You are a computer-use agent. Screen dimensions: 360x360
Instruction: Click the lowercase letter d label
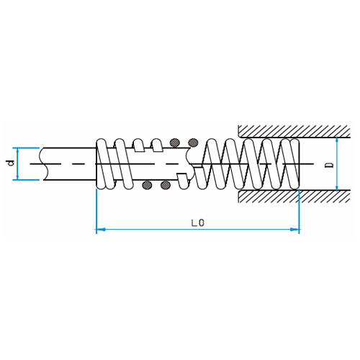11,163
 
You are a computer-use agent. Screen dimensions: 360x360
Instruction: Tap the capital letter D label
330,165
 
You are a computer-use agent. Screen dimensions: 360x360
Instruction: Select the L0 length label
198,223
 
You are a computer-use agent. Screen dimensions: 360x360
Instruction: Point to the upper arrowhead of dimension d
17,150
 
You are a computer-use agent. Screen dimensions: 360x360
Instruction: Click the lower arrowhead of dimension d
17,177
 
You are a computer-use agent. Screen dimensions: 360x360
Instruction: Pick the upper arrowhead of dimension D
337,140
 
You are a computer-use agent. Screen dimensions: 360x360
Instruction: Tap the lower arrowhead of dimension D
337,188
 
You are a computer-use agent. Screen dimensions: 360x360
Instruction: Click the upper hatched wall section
294,131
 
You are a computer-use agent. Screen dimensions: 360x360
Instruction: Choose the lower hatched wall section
294,196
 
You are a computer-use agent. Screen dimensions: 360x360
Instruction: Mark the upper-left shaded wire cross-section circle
175,143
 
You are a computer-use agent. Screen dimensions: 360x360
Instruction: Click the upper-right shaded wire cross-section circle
193,143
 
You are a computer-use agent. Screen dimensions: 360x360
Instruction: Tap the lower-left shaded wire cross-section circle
147,185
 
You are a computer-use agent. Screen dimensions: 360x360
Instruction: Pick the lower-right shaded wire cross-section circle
166,185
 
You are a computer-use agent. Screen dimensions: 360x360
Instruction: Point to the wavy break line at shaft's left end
43,163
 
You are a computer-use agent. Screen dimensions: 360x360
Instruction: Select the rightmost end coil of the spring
295,164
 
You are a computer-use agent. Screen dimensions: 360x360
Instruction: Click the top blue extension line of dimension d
26,148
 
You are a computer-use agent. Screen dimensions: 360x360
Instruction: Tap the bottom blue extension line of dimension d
26,179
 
